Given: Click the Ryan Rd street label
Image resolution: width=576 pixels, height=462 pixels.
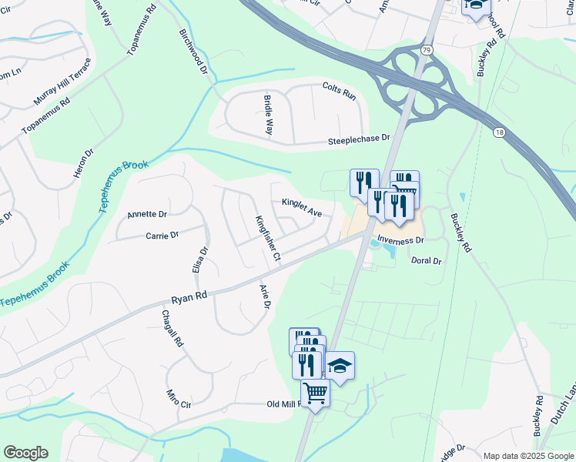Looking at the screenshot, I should tap(189, 296).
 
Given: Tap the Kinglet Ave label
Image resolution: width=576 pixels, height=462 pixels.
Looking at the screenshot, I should tap(302, 207).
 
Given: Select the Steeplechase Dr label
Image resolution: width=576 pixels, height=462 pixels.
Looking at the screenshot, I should tap(360, 139).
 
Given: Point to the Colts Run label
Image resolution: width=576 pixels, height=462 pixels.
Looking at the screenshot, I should tap(340, 91).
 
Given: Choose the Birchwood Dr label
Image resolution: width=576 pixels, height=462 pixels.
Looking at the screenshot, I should tap(194, 52).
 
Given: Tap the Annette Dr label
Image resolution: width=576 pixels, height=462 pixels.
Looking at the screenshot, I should tap(147, 214).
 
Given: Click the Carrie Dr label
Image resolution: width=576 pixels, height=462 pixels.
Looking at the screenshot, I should tap(162, 235).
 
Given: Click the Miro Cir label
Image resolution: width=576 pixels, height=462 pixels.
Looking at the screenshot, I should tap(178, 399).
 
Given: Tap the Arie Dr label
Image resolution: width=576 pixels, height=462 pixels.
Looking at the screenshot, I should tap(266, 296).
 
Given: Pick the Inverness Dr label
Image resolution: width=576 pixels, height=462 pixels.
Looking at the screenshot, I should tap(401, 240).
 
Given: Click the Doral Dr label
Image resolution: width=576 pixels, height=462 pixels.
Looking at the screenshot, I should tap(426, 261).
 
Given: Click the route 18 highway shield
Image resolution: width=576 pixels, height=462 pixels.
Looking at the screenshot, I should tap(499, 133).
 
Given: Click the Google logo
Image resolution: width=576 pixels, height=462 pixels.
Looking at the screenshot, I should tap(25, 453).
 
